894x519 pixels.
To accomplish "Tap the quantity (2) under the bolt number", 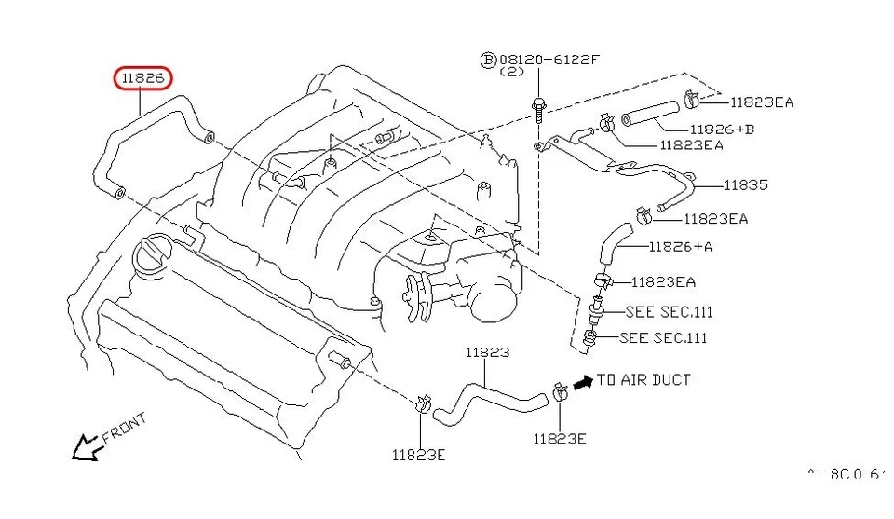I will pyautogui.click(x=511, y=72).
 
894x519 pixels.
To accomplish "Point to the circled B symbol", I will pyautogui.click(x=488, y=60).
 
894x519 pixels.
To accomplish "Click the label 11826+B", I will pyautogui.click(x=722, y=129).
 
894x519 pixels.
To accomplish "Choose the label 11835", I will pyautogui.click(x=745, y=184).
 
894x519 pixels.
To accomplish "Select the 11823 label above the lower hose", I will pyautogui.click(x=487, y=353).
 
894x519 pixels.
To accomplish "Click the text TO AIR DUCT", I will pyautogui.click(x=643, y=380).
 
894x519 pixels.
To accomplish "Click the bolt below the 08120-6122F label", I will pyautogui.click(x=539, y=107).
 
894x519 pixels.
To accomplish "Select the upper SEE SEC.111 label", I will pyautogui.click(x=669, y=312).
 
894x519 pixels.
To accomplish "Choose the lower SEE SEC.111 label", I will pyautogui.click(x=662, y=337).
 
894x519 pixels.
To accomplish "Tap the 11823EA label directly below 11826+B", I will pyautogui.click(x=691, y=145).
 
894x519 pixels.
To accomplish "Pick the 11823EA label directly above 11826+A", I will pyautogui.click(x=715, y=219).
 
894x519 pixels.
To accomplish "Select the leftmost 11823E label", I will pyautogui.click(x=418, y=455).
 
